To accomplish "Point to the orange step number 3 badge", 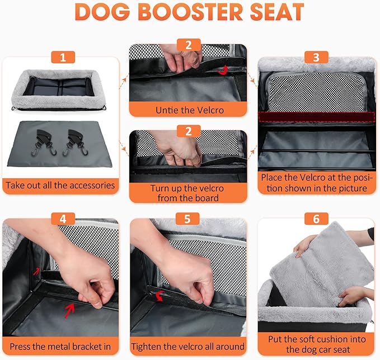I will pos(316,57).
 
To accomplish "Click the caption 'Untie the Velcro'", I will pos(189,110).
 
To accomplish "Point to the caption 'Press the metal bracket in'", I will pos(59,347).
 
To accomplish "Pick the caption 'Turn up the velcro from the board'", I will pos(189,193).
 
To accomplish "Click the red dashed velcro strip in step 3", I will pos(316,117).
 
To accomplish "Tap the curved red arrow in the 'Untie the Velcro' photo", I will pos(223,70).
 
